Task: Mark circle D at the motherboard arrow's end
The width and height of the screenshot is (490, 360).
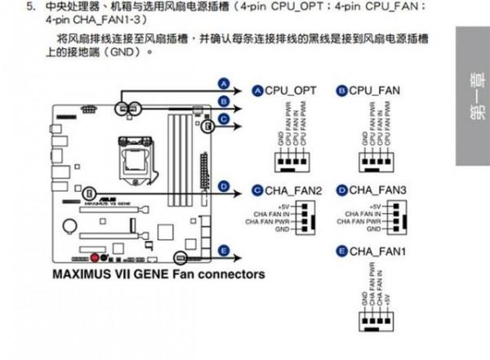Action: tap(222, 186)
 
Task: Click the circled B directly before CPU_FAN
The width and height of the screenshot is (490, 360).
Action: tap(341, 90)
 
